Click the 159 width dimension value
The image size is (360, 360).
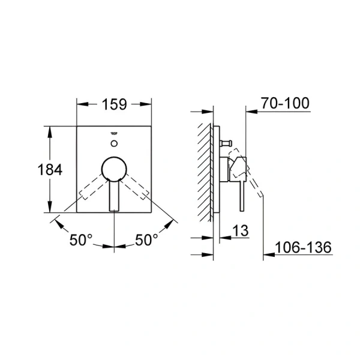click(x=114, y=104)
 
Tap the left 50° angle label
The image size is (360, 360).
click(x=81, y=240)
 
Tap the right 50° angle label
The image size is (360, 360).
click(x=146, y=240)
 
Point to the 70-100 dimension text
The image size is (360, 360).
click(x=286, y=103)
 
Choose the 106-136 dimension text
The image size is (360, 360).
click(x=303, y=247)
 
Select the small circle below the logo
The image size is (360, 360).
click(x=114, y=143)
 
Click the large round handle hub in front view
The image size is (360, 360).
click(x=113, y=169)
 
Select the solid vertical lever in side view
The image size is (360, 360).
click(x=241, y=192)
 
